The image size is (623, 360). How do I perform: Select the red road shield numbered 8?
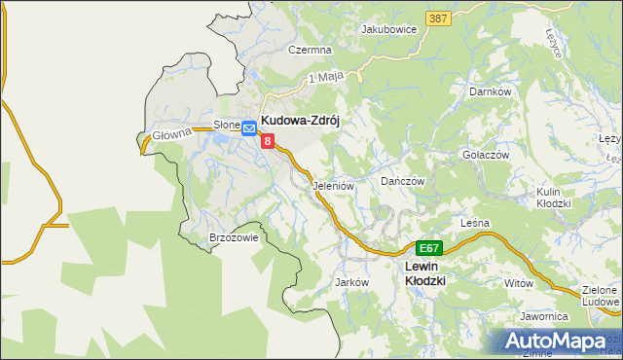(x=268, y=141)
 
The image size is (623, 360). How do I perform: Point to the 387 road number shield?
(x=437, y=18)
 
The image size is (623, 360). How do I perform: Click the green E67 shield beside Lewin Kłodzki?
(x=429, y=248)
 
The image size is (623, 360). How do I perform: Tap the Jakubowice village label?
(x=388, y=29)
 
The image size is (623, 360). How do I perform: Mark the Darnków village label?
(x=491, y=91)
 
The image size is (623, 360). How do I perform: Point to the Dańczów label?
(x=403, y=181)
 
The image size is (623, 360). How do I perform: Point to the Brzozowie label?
(x=233, y=237)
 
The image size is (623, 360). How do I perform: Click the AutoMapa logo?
(x=556, y=341)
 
